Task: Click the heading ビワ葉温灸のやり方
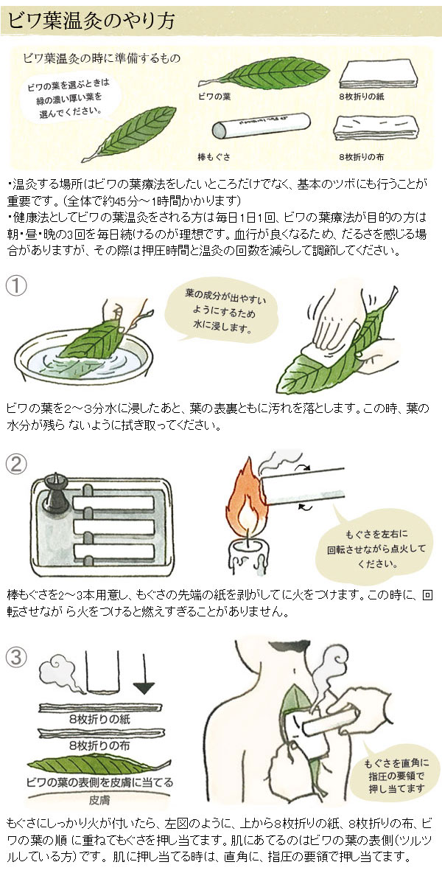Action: [x=92, y=20]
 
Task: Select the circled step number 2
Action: [x=18, y=464]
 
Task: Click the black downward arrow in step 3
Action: [x=143, y=689]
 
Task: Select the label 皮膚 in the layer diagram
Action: [x=99, y=799]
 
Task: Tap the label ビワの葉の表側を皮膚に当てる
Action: [x=99, y=782]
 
